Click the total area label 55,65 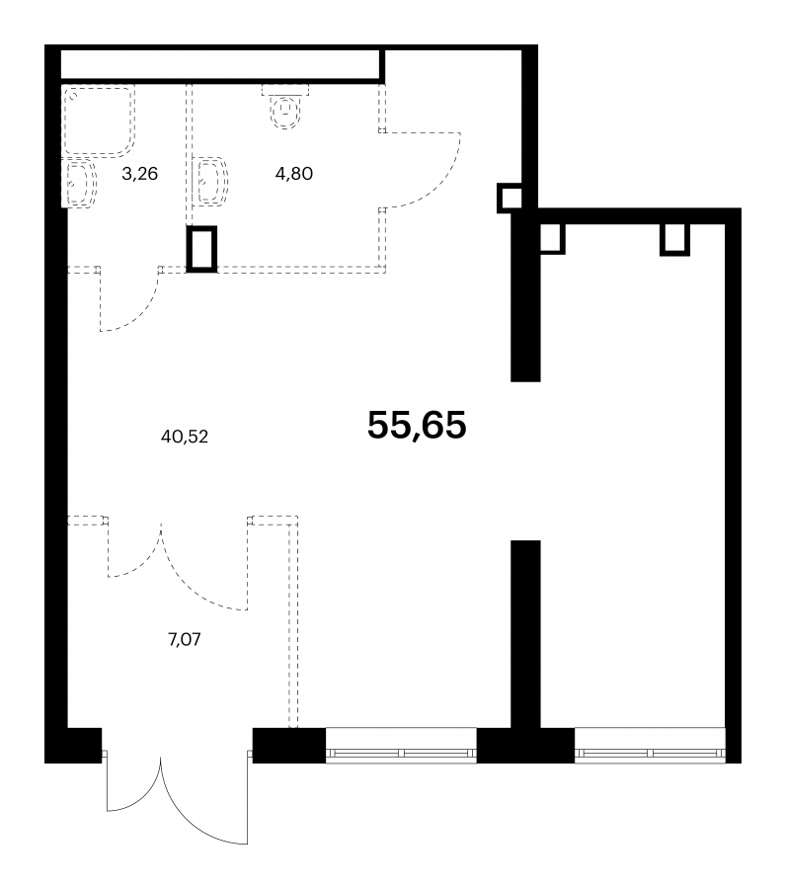pos(417,425)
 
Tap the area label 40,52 pos(185,437)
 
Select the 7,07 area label pos(185,639)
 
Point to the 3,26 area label pos(139,174)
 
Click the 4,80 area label pos(294,174)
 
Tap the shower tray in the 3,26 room pos(99,121)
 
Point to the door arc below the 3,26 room pos(141,313)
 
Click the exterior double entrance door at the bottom pos(177,804)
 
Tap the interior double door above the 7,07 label pos(177,567)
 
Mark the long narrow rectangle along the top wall pos(222,64)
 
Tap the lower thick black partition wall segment pos(525,634)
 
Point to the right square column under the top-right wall pos(675,239)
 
